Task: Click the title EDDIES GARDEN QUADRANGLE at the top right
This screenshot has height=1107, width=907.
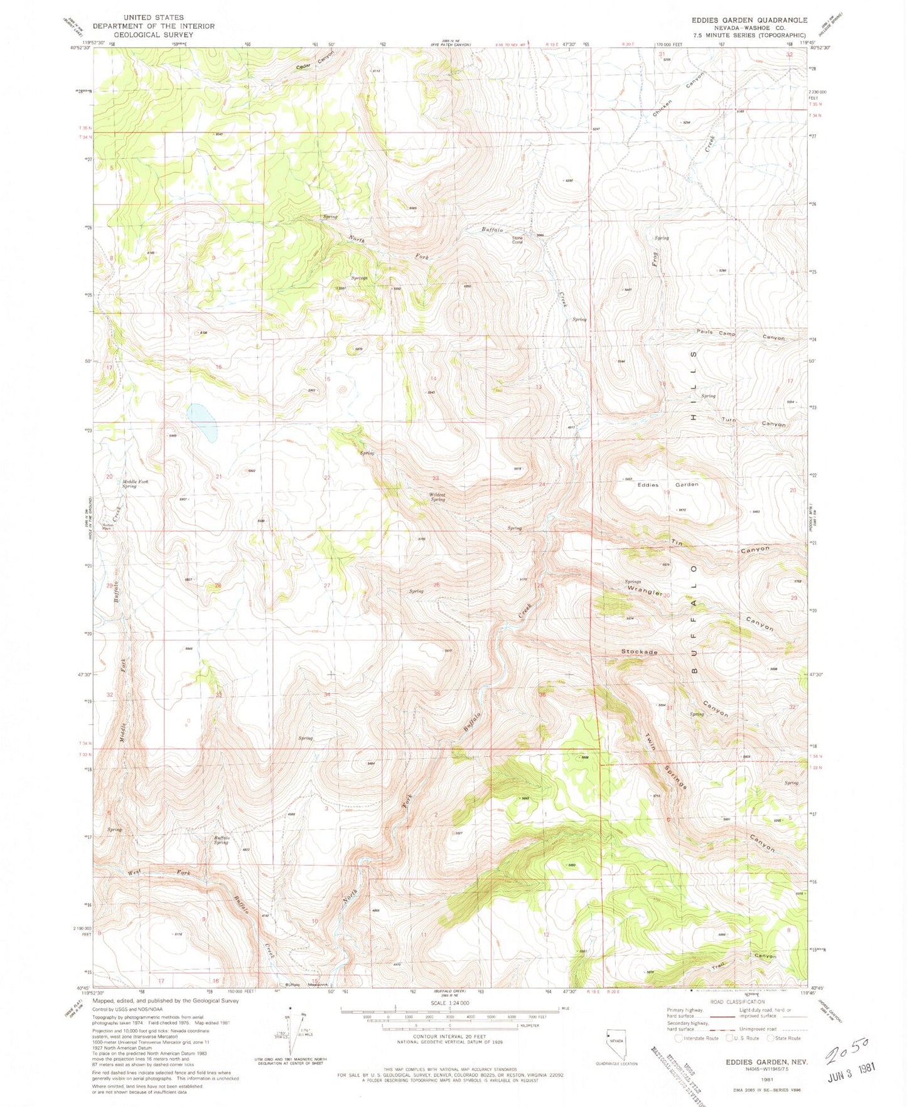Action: [749, 20]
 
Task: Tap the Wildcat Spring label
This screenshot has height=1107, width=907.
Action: [437, 497]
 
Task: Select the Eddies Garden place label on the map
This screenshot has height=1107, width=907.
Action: [667, 484]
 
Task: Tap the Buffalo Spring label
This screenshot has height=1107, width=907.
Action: [221, 840]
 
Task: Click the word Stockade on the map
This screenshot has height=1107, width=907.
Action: [639, 652]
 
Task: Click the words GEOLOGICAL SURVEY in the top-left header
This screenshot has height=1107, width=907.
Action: [154, 35]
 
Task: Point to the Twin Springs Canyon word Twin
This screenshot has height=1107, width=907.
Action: [650, 742]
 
